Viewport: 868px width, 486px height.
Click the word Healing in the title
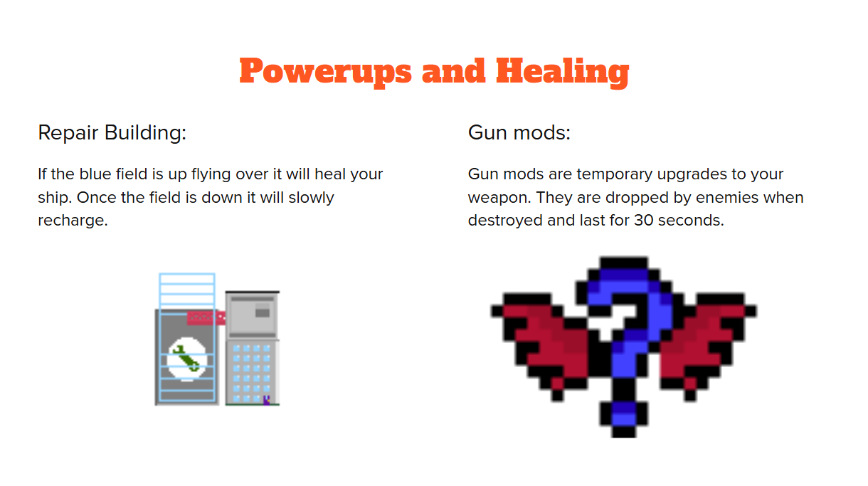pos(563,72)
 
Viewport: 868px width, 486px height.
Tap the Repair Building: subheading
pos(112,133)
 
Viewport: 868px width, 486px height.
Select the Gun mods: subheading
pos(519,133)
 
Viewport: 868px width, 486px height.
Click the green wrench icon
pos(187,359)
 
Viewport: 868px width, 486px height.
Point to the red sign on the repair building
pos(206,318)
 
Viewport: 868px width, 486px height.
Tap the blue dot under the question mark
pos(623,415)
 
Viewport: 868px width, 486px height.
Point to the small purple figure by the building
pos(267,400)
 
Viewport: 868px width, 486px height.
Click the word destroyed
pos(505,221)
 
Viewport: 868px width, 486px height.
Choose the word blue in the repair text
pos(92,174)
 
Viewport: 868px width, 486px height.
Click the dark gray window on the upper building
pos(263,312)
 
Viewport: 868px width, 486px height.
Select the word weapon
pos(499,199)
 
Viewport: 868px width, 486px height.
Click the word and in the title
pos(453,72)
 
